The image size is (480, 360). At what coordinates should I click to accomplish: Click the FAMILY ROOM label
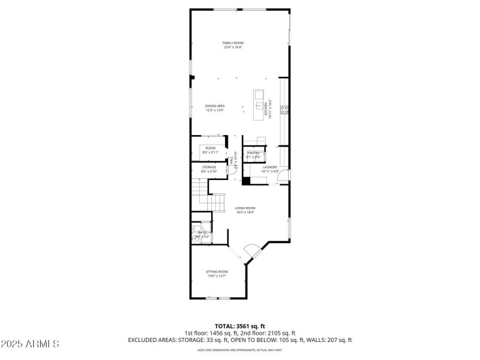pyautogui.click(x=233, y=43)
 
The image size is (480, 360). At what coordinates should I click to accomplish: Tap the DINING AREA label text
pyautogui.click(x=214, y=106)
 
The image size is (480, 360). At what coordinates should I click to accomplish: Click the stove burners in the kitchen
pyautogui.click(x=286, y=109)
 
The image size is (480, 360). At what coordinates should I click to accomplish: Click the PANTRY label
pyautogui.click(x=253, y=153)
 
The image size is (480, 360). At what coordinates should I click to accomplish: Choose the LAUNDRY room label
pyautogui.click(x=269, y=167)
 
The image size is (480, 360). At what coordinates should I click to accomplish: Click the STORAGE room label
pyautogui.click(x=209, y=167)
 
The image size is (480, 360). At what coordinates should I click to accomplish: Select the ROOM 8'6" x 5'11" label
pyautogui.click(x=210, y=150)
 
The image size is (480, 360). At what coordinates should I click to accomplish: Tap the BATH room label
pyautogui.click(x=202, y=232)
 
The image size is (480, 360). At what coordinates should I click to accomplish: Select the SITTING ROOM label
pyautogui.click(x=217, y=271)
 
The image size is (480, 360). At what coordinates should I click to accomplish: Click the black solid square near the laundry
pyautogui.click(x=245, y=182)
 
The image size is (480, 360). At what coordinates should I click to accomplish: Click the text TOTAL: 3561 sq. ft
pyautogui.click(x=240, y=326)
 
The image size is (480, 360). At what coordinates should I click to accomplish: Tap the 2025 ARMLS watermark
pyautogui.click(x=30, y=344)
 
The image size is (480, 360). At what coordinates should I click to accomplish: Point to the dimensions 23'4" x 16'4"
pyautogui.click(x=233, y=47)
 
